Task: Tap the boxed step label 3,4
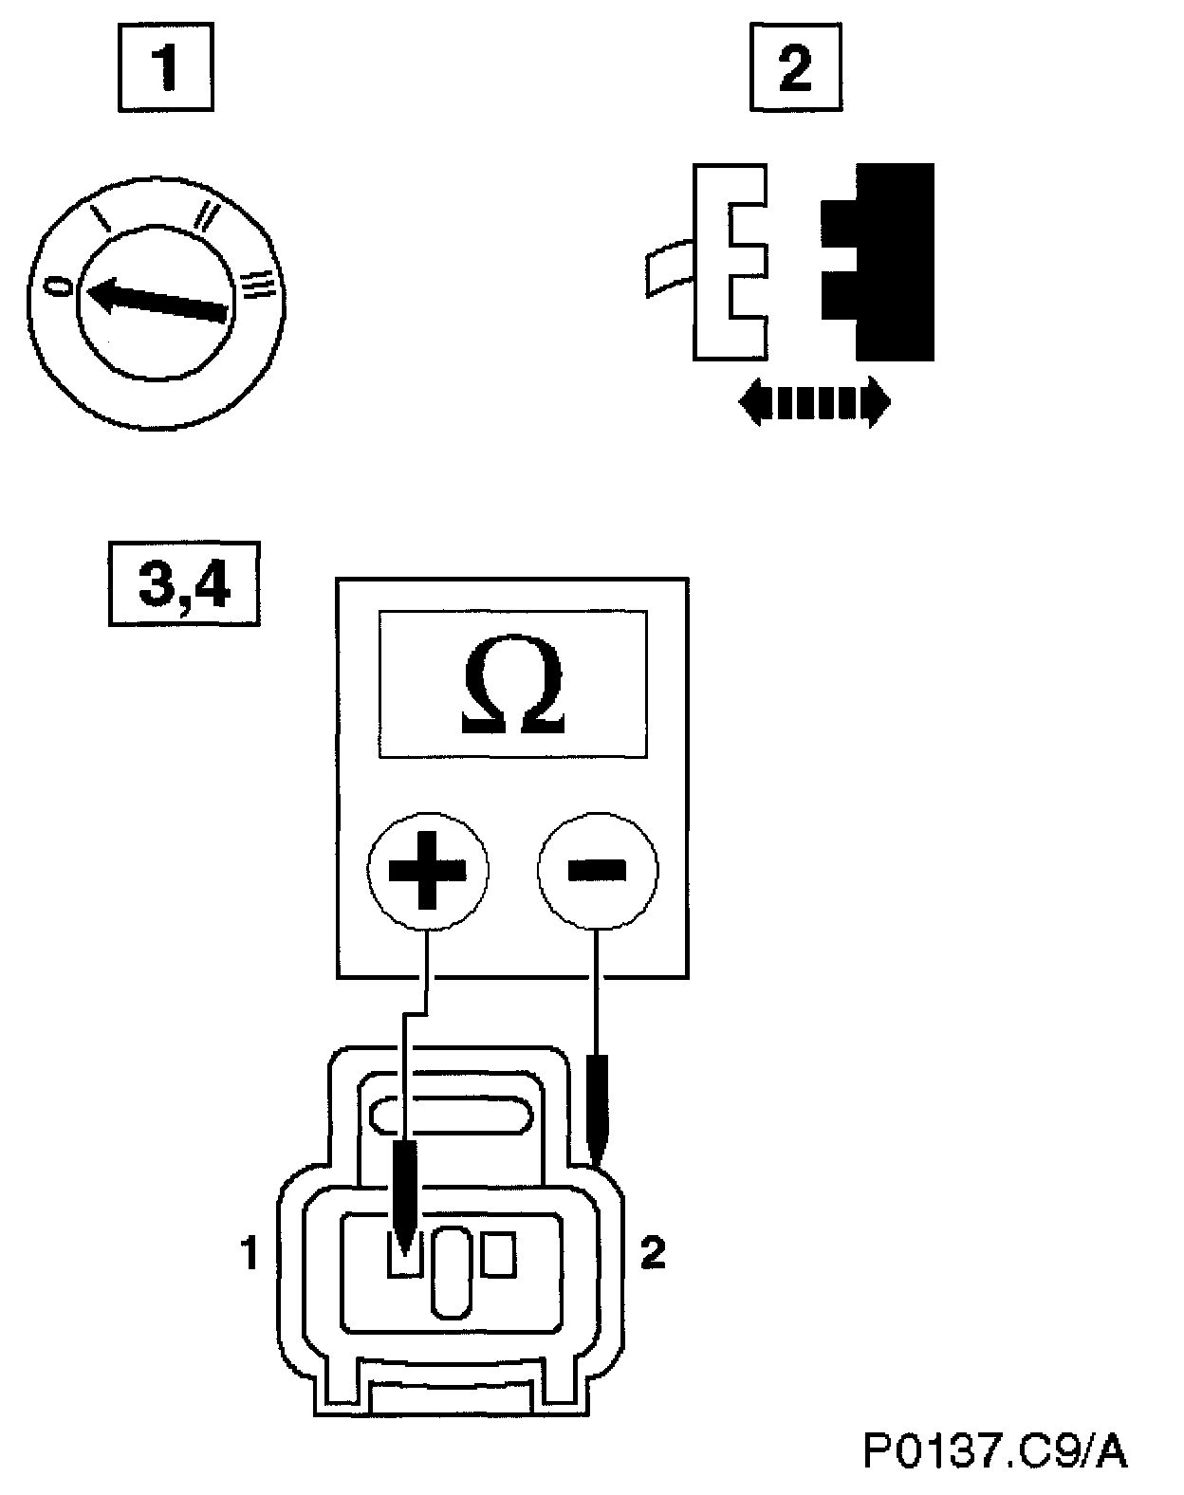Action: tap(184, 583)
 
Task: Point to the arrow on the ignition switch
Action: tap(157, 297)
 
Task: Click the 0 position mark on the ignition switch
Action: tap(60, 286)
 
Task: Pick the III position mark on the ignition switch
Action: tap(257, 284)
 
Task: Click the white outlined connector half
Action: tap(725, 262)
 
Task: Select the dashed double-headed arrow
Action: tap(814, 403)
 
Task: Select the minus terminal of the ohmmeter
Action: tap(597, 869)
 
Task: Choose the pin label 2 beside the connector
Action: tap(653, 1256)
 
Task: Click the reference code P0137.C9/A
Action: tap(994, 1451)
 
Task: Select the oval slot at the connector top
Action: tap(450, 1114)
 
